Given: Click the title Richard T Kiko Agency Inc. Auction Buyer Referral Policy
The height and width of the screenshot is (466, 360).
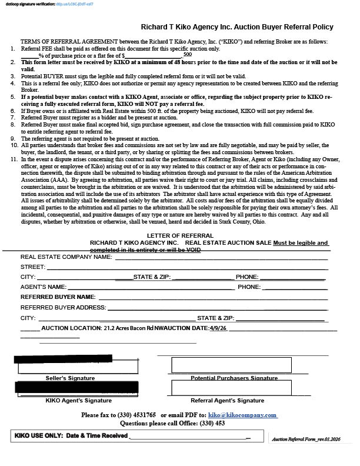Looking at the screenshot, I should pyautogui.click(x=237, y=27).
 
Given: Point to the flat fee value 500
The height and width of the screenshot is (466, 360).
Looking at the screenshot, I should pyautogui.click(x=187, y=54).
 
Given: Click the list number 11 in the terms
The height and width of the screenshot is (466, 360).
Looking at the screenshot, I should pyautogui.click(x=14, y=159).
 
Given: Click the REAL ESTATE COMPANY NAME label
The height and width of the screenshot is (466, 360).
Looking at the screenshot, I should pyautogui.click(x=66, y=257).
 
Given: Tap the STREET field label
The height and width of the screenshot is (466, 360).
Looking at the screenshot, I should pyautogui.click(x=33, y=267).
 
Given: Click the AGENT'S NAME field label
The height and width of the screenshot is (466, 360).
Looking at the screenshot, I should pyautogui.click(x=44, y=287).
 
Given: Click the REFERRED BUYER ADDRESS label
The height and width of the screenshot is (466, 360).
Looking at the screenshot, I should pyautogui.click(x=64, y=307).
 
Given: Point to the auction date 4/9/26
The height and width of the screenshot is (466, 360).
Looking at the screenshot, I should pyautogui.click(x=218, y=328).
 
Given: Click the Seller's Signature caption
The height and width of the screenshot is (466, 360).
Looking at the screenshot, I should pyautogui.click(x=70, y=378).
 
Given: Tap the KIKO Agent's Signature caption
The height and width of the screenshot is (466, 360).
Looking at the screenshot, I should pyautogui.click(x=78, y=400).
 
